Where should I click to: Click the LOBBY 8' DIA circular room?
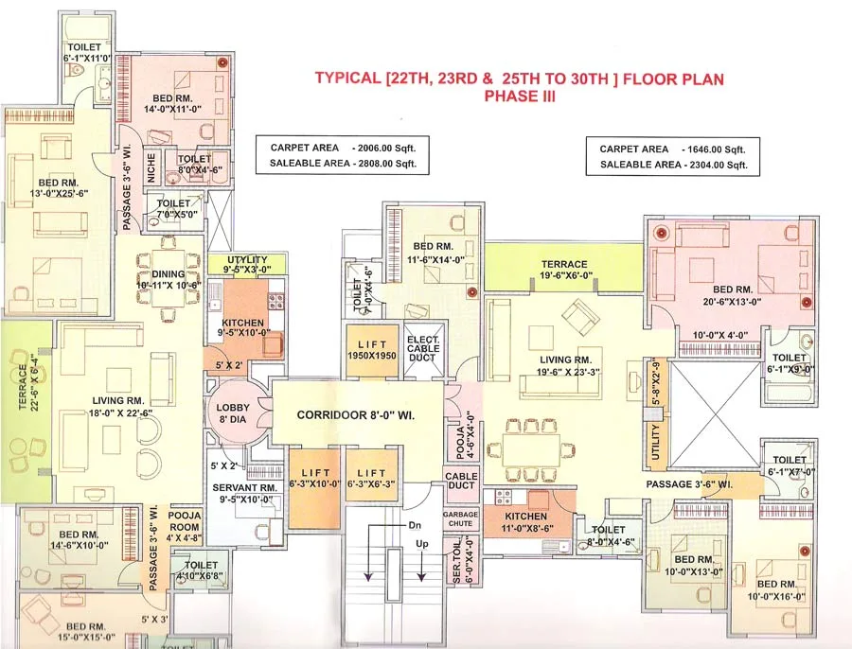click(x=230, y=412)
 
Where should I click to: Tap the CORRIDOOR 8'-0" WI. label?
click(x=356, y=414)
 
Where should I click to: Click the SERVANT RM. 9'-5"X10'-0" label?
click(x=241, y=494)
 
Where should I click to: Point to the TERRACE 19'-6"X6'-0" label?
click(x=564, y=271)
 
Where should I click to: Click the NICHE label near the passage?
click(x=150, y=167)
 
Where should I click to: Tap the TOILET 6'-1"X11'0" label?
click(x=89, y=53)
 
